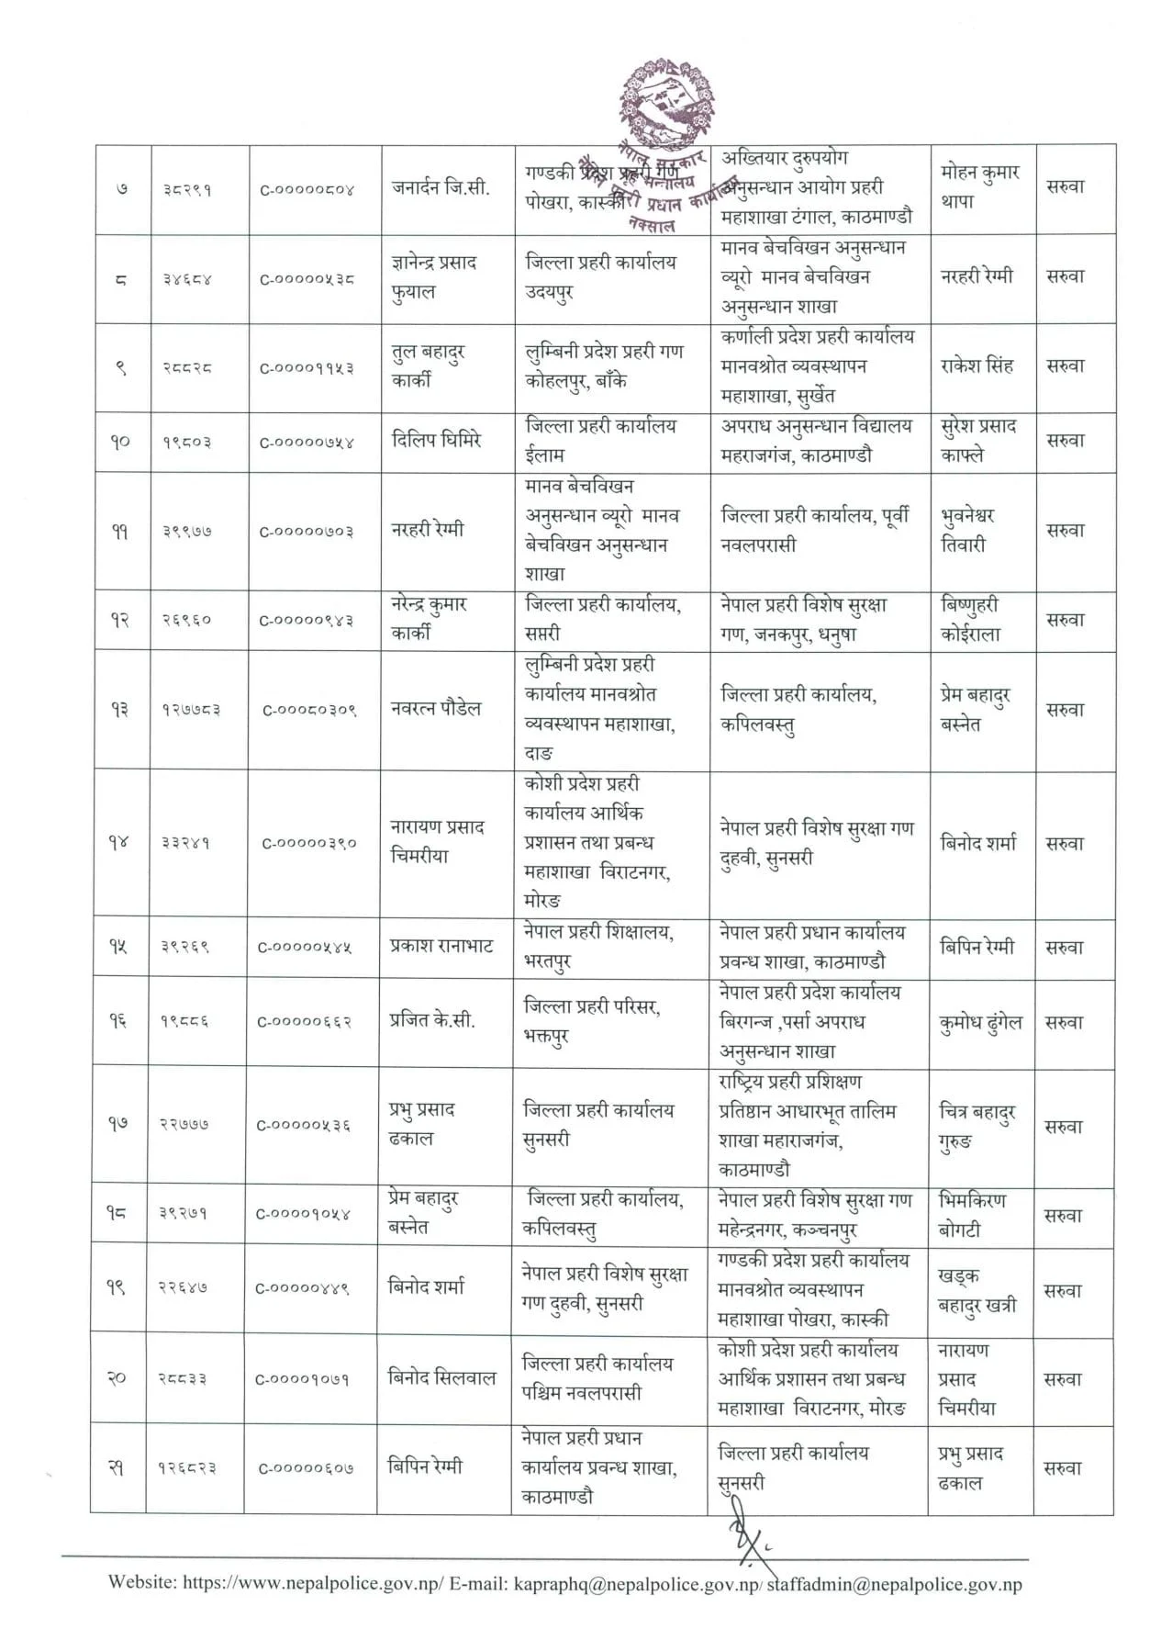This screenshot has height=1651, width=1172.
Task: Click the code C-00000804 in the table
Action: (x=307, y=190)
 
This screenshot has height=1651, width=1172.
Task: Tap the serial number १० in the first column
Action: (x=120, y=442)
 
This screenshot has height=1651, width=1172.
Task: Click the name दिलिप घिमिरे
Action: (x=436, y=440)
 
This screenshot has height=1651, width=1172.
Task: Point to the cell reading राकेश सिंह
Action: (x=977, y=365)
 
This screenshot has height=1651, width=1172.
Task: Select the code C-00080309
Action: (x=309, y=710)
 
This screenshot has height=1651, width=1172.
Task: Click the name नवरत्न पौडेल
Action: (x=435, y=708)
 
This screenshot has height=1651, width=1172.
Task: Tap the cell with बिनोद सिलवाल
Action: (x=441, y=1377)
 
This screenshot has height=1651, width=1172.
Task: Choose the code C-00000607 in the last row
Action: (x=305, y=1468)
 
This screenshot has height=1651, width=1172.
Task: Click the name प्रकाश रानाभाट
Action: (x=441, y=946)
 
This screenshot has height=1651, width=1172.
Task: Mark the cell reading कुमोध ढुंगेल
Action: (x=979, y=1022)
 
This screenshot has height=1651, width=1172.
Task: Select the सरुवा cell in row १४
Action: (x=1065, y=843)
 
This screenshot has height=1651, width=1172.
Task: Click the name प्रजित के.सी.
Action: (x=431, y=1020)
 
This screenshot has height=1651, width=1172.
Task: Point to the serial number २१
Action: (x=117, y=1468)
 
